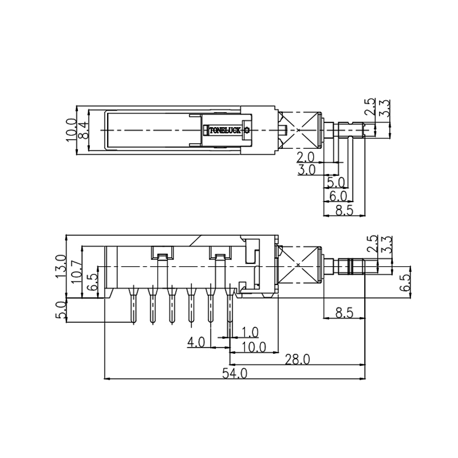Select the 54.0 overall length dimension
tap(235, 373)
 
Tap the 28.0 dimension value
tap(297, 359)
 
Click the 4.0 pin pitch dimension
tap(196, 342)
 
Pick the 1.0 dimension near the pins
tap(250, 332)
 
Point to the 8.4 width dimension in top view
tap(84, 130)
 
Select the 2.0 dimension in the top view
tap(306, 157)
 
